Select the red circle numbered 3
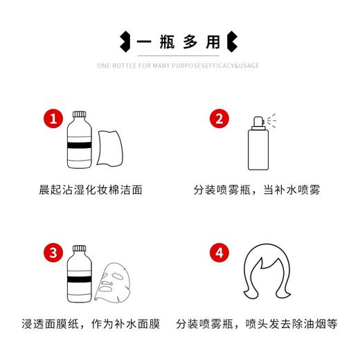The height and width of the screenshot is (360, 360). tap(51, 251)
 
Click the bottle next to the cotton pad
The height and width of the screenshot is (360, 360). tap(82, 142)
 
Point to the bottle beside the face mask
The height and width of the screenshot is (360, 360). tap(82, 276)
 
